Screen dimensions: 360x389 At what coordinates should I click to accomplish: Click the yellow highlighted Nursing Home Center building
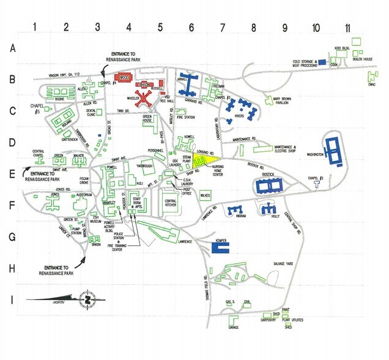click(x=202, y=162)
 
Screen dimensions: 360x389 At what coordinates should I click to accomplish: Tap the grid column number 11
click(x=347, y=27)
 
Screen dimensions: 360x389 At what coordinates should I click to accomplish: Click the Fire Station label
click(x=186, y=116)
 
